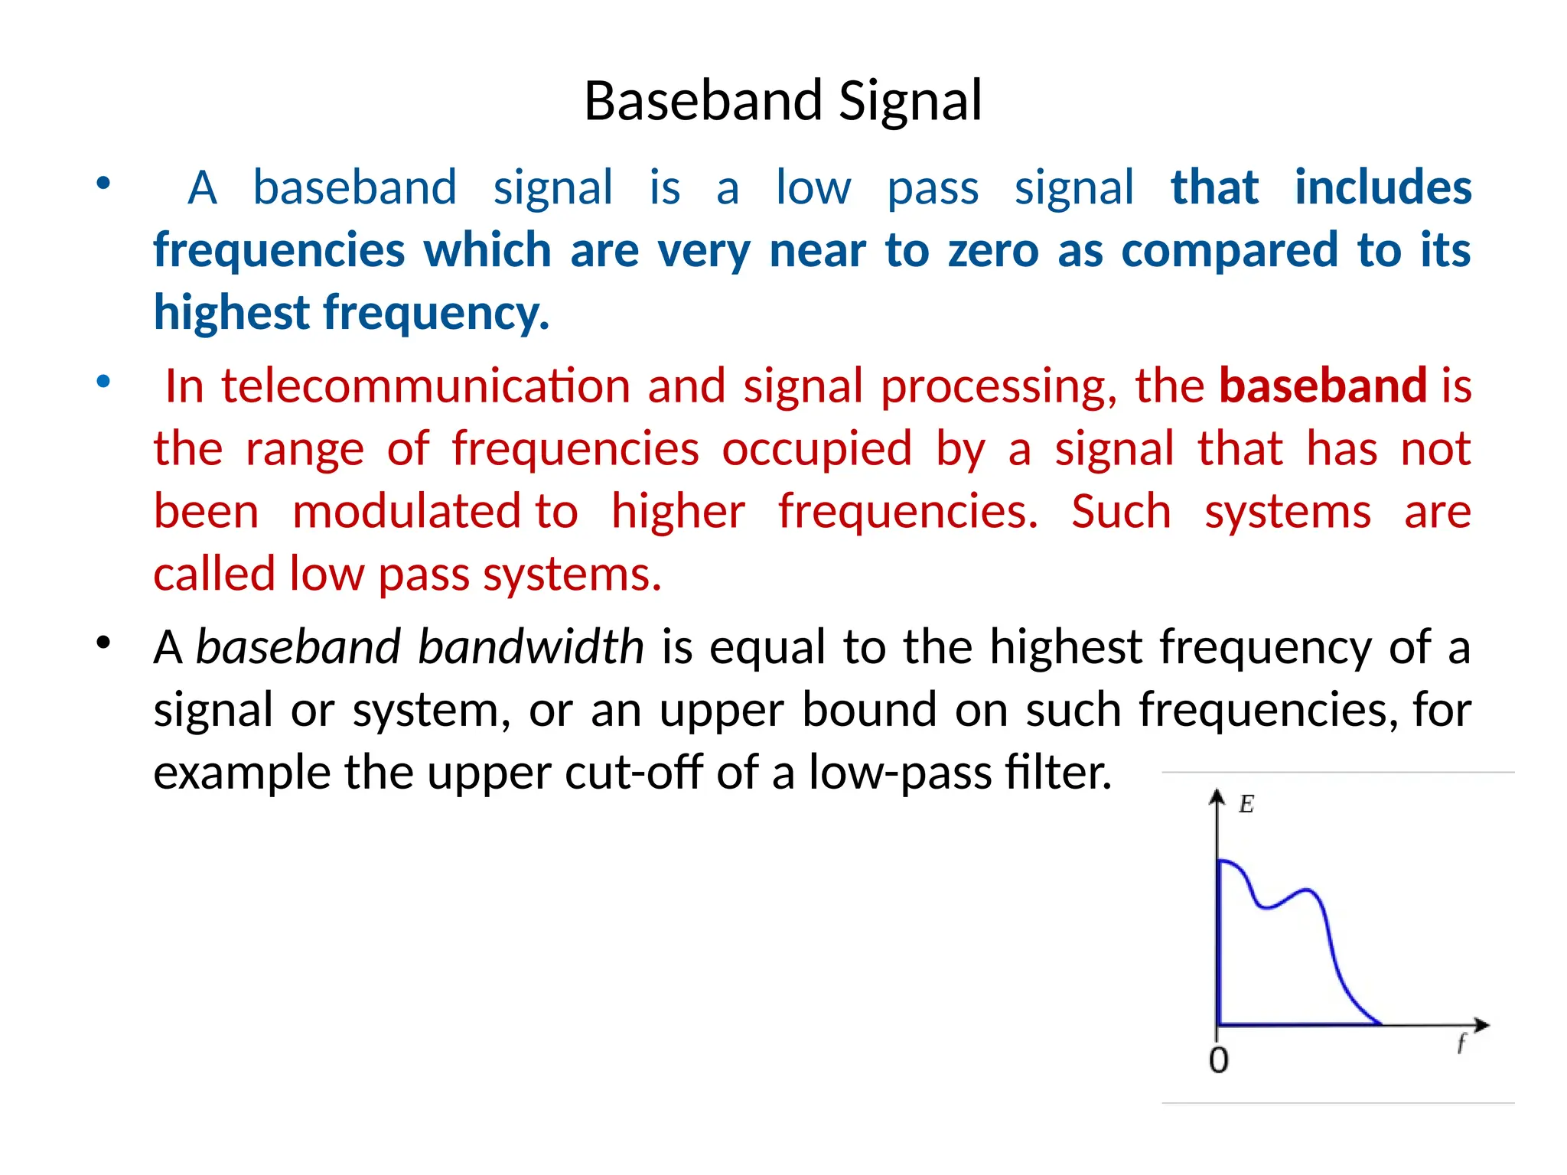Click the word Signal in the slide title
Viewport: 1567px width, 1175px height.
click(910, 102)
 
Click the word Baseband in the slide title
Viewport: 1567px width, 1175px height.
click(703, 102)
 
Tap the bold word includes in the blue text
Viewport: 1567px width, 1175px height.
click(1383, 187)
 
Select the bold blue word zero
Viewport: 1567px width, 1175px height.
click(993, 250)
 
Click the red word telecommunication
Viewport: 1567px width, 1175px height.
click(425, 386)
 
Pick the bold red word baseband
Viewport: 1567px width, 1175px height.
click(1322, 386)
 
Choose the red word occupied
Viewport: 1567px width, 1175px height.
click(816, 448)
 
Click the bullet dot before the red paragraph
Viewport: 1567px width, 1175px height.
click(103, 381)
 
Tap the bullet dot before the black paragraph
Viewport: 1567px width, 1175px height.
click(103, 643)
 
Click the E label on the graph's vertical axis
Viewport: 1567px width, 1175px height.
click(1246, 804)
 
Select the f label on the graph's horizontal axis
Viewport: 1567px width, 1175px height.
click(1461, 1043)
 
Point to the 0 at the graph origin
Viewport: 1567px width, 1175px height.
click(1219, 1060)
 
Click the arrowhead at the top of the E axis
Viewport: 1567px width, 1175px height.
click(1217, 796)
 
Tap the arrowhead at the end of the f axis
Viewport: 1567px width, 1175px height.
click(1482, 1024)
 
